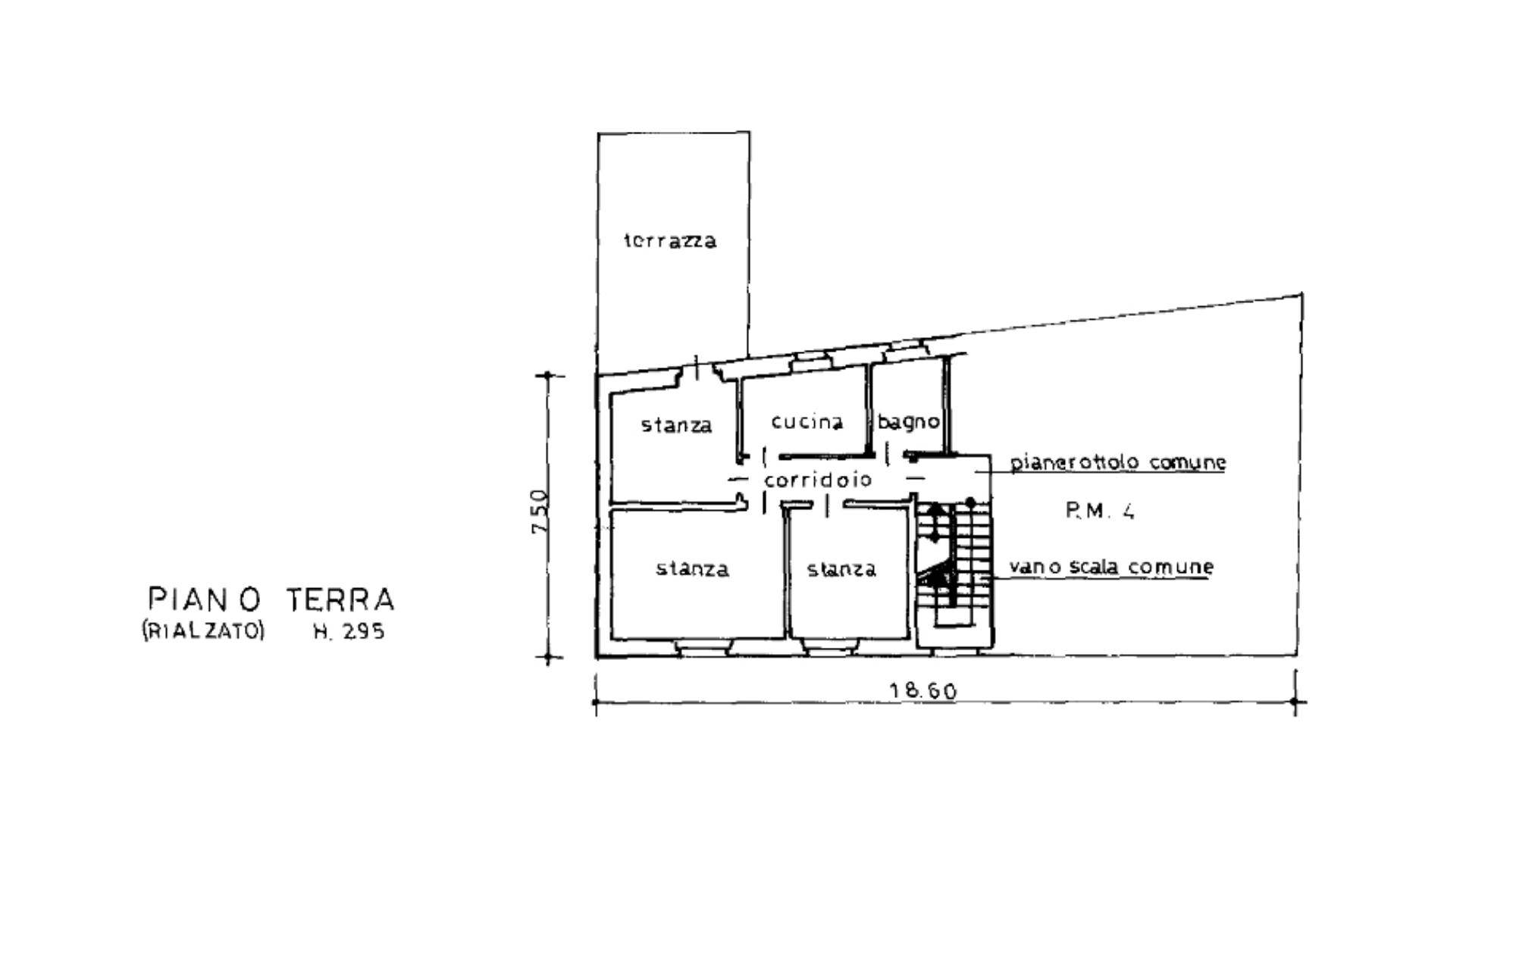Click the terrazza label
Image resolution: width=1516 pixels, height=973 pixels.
tap(670, 241)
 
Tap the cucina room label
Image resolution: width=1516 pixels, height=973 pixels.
tap(807, 421)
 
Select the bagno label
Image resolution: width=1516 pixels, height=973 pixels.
tap(909, 421)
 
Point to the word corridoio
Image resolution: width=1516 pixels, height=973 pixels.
tap(818, 480)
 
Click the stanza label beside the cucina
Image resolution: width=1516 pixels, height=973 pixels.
tap(677, 425)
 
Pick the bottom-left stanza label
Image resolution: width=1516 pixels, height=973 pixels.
tap(692, 568)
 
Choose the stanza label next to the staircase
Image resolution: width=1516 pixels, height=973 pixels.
tap(841, 569)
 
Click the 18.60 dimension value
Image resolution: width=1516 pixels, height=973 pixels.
tap(922, 691)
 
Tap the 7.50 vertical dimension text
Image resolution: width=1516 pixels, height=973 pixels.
tap(539, 512)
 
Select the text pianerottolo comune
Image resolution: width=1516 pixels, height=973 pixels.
tap(1118, 462)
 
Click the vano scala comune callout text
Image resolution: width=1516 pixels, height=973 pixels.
tap(1111, 567)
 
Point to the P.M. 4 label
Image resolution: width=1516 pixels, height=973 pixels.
tap(1101, 512)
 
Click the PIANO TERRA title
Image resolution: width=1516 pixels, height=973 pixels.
tap(271, 599)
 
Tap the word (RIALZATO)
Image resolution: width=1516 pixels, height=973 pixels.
tap(202, 631)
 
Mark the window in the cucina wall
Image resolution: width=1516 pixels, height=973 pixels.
tap(810, 361)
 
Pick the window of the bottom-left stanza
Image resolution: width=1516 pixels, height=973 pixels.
tap(703, 649)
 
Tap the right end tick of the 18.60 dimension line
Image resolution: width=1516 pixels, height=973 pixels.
tap(1295, 702)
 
